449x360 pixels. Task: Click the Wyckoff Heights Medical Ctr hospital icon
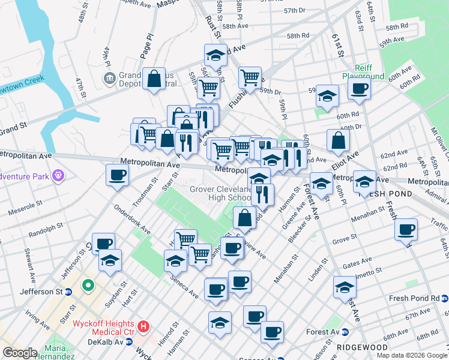pyautogui.click(x=143, y=327)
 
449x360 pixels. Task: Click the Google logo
pyautogui.click(x=20, y=353)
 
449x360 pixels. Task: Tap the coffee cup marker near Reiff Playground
pyautogui.click(x=360, y=89)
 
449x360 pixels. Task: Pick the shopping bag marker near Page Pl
pyautogui.click(x=154, y=78)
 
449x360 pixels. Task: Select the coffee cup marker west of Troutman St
pyautogui.click(x=117, y=175)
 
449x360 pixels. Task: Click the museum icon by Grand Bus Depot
pyautogui.click(x=109, y=77)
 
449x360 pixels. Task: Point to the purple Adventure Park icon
pyautogui.click(x=58, y=176)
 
